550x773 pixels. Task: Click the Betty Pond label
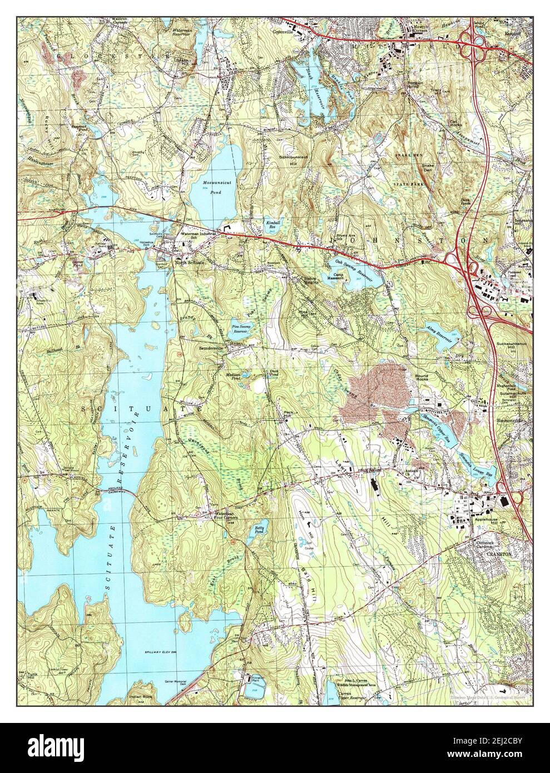(259, 529)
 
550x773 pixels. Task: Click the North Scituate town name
(187, 261)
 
